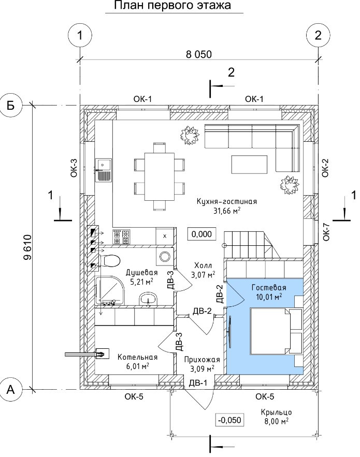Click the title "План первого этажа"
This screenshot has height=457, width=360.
tap(172, 6)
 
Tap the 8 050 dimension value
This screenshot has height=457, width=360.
tap(199, 54)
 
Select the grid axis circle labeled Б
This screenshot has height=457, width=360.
tap(11, 105)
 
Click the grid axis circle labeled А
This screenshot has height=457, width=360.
tap(11, 389)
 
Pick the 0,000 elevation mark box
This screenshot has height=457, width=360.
tap(202, 234)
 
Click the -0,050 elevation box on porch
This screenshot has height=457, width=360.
tap(229, 420)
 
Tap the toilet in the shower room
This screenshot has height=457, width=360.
tap(109, 260)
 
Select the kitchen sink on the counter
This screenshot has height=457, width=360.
tap(103, 170)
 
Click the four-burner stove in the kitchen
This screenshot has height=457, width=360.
tap(121, 237)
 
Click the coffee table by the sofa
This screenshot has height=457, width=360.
tap(250, 165)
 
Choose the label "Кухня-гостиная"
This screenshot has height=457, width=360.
tap(227, 202)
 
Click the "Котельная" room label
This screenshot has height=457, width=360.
tap(137, 357)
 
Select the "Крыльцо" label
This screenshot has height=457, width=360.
tap(276, 412)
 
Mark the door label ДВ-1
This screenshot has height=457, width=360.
tap(198, 382)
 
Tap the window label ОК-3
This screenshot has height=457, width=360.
tap(74, 168)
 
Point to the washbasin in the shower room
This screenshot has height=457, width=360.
tap(149, 299)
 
